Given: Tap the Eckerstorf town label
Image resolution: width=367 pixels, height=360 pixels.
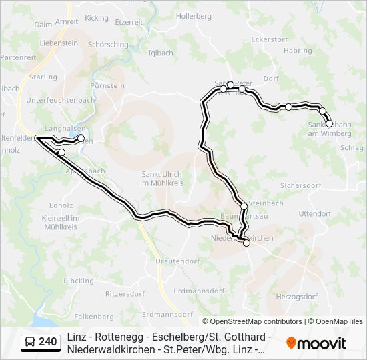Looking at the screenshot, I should (268, 39).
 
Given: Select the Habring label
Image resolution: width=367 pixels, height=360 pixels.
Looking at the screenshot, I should (297, 50).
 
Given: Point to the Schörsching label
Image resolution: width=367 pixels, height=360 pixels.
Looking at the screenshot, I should (108, 45).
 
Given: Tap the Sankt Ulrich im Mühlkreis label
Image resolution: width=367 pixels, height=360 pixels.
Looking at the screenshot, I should (167, 179).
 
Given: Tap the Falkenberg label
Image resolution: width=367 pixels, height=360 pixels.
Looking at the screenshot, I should (94, 316).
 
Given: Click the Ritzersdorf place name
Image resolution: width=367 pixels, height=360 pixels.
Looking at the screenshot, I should (125, 293).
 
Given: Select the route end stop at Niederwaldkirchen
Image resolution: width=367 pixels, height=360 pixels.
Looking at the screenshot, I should (246, 243).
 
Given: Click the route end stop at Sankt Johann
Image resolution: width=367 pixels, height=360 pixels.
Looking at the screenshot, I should (329, 123).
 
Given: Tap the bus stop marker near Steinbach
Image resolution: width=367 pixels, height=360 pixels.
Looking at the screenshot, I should (244, 207).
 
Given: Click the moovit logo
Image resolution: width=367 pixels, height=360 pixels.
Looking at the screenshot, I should (316, 343).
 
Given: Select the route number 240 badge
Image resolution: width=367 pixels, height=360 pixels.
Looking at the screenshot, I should (40, 342).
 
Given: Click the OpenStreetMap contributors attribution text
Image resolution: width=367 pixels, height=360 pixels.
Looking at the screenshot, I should (252, 321).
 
